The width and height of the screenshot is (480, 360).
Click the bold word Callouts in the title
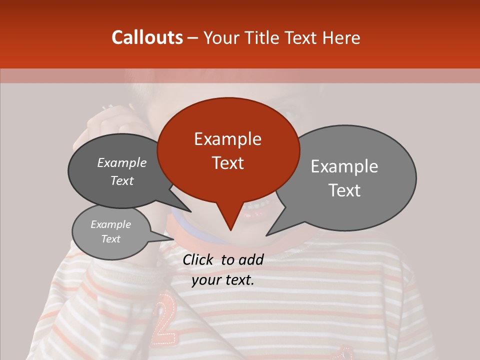click(x=147, y=37)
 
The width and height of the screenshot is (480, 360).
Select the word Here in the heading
click(x=342, y=38)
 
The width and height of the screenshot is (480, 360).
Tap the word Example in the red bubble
click(x=227, y=139)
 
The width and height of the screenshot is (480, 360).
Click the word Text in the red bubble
click(x=227, y=163)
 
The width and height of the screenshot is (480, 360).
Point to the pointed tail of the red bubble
click(x=230, y=228)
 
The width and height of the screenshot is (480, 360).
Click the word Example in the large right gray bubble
click(x=344, y=166)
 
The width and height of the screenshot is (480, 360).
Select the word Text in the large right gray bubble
click(x=344, y=190)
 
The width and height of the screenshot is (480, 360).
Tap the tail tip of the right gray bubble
click(x=267, y=234)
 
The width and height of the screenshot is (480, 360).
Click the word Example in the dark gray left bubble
click(x=122, y=162)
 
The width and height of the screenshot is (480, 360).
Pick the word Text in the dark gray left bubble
click(x=122, y=180)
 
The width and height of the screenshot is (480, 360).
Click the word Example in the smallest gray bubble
click(x=111, y=224)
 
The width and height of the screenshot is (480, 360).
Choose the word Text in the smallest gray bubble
click(x=111, y=239)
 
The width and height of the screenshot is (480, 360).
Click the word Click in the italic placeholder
click(x=198, y=259)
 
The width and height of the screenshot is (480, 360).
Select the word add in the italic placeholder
click(x=250, y=259)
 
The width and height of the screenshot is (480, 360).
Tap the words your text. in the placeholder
click(x=223, y=280)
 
